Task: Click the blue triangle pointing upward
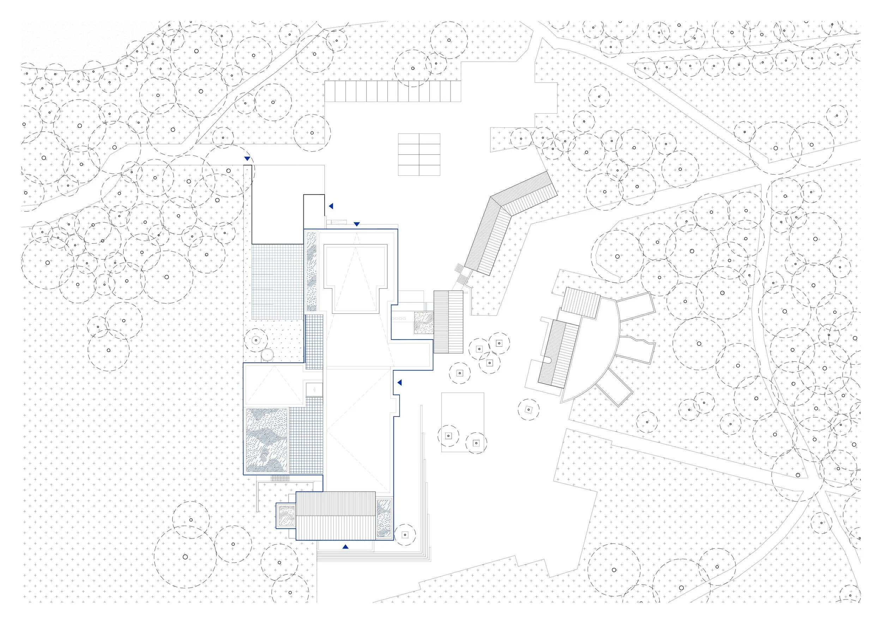tap(345, 546)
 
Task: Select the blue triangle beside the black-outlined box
tap(331, 206)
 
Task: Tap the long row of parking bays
tap(392, 91)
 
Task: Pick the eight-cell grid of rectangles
tap(419, 155)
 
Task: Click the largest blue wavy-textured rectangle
tap(266, 440)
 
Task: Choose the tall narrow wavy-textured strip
tap(311, 271)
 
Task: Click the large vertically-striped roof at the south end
tap(336, 516)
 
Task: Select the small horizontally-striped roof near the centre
tap(448, 322)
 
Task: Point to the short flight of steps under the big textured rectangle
tap(280, 478)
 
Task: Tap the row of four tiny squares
tap(399, 319)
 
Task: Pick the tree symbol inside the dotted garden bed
tap(255, 340)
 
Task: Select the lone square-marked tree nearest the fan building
tap(528, 410)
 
